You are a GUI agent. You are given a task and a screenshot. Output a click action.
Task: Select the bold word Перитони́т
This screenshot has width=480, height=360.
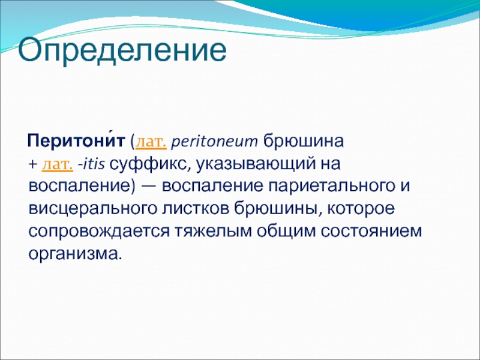76,141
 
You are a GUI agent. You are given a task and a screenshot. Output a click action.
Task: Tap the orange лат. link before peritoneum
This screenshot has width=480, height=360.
151,142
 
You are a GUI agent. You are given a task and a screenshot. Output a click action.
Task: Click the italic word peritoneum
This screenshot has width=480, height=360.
214,142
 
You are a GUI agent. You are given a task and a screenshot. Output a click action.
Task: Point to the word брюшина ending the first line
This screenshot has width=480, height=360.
304,142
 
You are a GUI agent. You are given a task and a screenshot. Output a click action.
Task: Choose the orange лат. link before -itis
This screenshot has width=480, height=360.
57,164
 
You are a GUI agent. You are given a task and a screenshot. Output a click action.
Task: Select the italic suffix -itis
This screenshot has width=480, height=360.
91,164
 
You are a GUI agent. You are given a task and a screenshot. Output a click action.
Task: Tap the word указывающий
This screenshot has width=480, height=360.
256,164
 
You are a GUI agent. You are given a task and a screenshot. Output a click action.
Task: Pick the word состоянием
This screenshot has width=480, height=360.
371,232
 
